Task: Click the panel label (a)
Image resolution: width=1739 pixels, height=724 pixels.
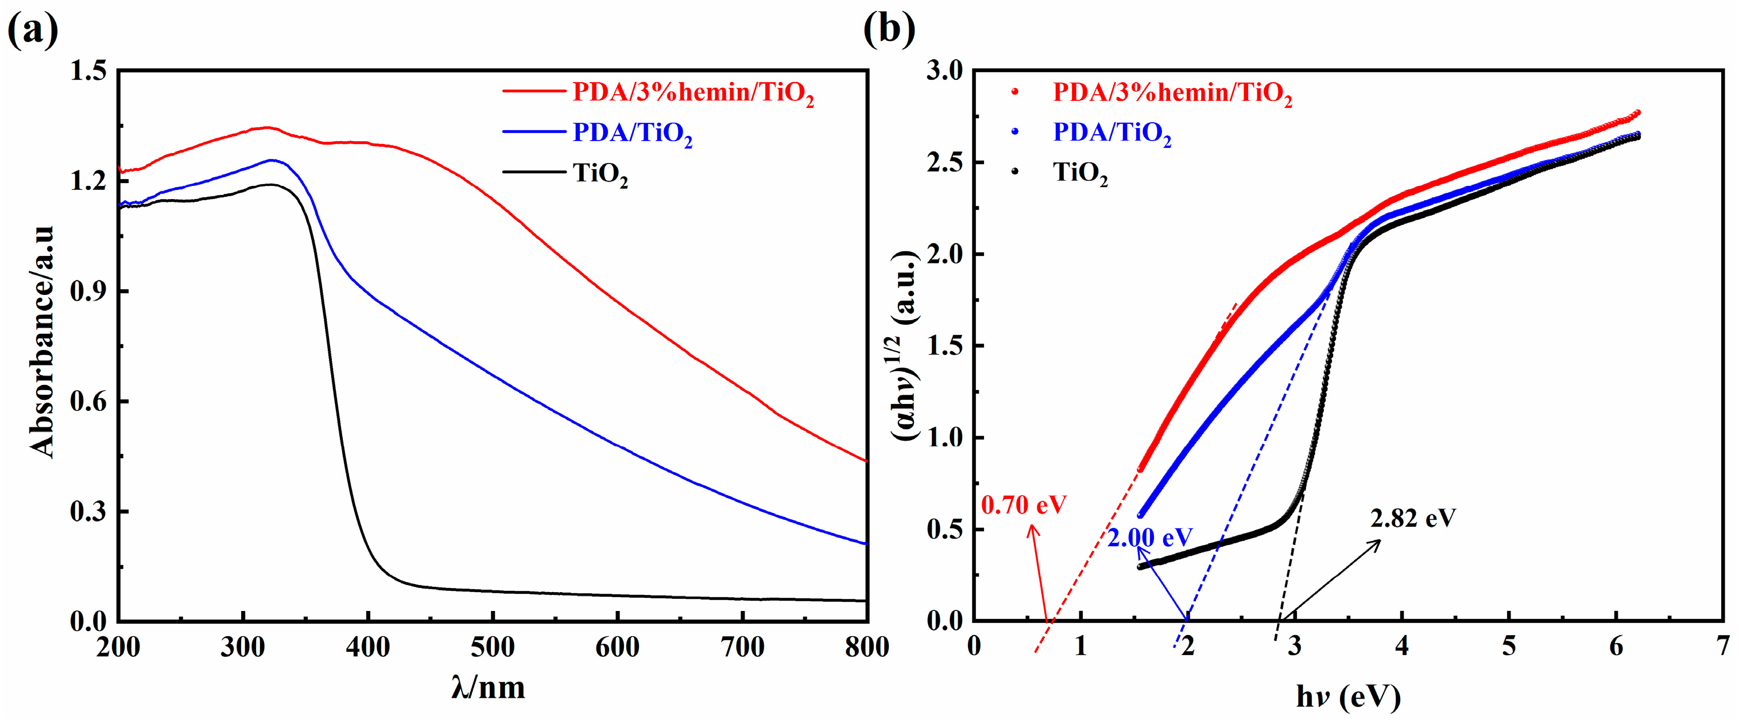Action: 32,30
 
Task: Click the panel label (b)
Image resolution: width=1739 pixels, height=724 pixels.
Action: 889,30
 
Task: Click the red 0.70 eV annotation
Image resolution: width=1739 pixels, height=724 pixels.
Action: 1024,505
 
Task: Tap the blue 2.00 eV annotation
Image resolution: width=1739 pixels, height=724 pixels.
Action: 1149,537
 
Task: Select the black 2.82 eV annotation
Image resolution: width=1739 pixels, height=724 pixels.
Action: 1413,517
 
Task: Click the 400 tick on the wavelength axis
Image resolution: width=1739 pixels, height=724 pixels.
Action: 367,647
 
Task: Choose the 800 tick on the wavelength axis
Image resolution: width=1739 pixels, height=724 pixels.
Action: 867,647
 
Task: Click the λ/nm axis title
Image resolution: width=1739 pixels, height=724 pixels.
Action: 488,687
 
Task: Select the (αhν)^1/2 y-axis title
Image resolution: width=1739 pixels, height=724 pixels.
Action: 907,345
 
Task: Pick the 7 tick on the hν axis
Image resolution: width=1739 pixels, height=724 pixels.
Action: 1723,646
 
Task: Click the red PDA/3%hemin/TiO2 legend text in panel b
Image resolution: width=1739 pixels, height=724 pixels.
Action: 1172,92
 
